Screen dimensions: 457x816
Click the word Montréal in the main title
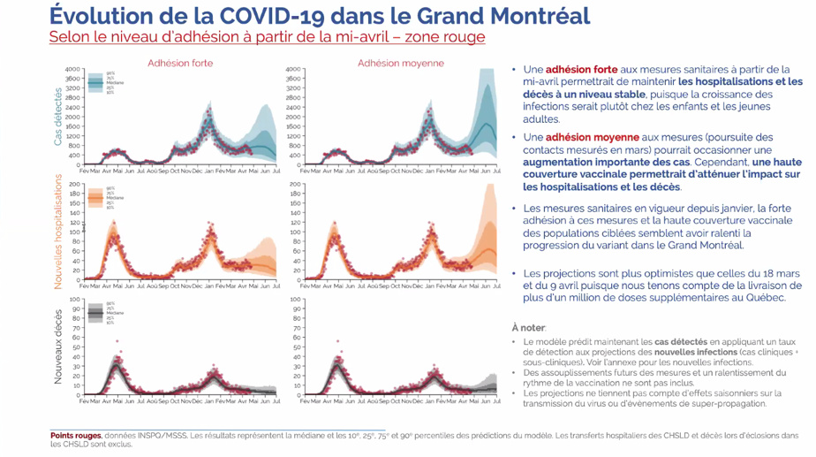pyautogui.click(x=524, y=16)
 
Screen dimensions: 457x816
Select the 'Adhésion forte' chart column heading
pyautogui.click(x=180, y=64)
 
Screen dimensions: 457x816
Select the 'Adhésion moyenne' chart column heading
pyautogui.click(x=401, y=64)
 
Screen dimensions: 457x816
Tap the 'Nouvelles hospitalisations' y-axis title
pyautogui.click(x=58, y=231)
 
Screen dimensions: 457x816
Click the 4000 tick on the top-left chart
pyautogui.click(x=73, y=69)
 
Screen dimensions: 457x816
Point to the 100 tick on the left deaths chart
pyautogui.click(x=76, y=300)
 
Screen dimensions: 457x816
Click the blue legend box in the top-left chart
pyautogui.click(x=95, y=82)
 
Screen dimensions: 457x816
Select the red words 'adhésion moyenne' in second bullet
pyautogui.click(x=589, y=138)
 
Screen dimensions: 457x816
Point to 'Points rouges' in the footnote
pyautogui.click(x=76, y=435)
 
